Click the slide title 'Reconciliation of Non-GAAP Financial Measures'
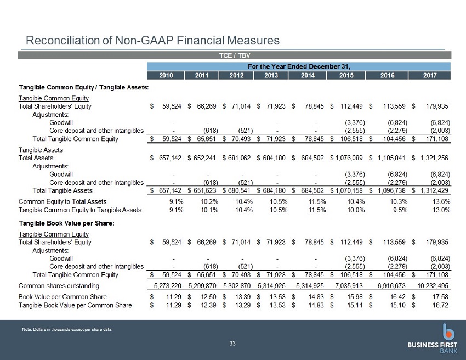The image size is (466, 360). point(152,40)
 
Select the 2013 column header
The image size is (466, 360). point(271,76)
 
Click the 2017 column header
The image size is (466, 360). point(430,76)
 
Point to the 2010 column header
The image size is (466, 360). point(166,76)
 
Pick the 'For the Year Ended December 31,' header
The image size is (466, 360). point(299,66)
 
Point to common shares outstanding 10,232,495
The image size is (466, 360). point(433,286)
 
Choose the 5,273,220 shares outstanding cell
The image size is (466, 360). point(167,286)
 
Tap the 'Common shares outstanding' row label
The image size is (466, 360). point(59,286)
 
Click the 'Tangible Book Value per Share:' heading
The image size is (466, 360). point(66,223)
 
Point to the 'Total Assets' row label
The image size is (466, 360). point(36,158)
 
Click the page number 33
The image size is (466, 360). point(232,344)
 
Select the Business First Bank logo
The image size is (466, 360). point(433,339)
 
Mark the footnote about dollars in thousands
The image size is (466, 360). point(67,329)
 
